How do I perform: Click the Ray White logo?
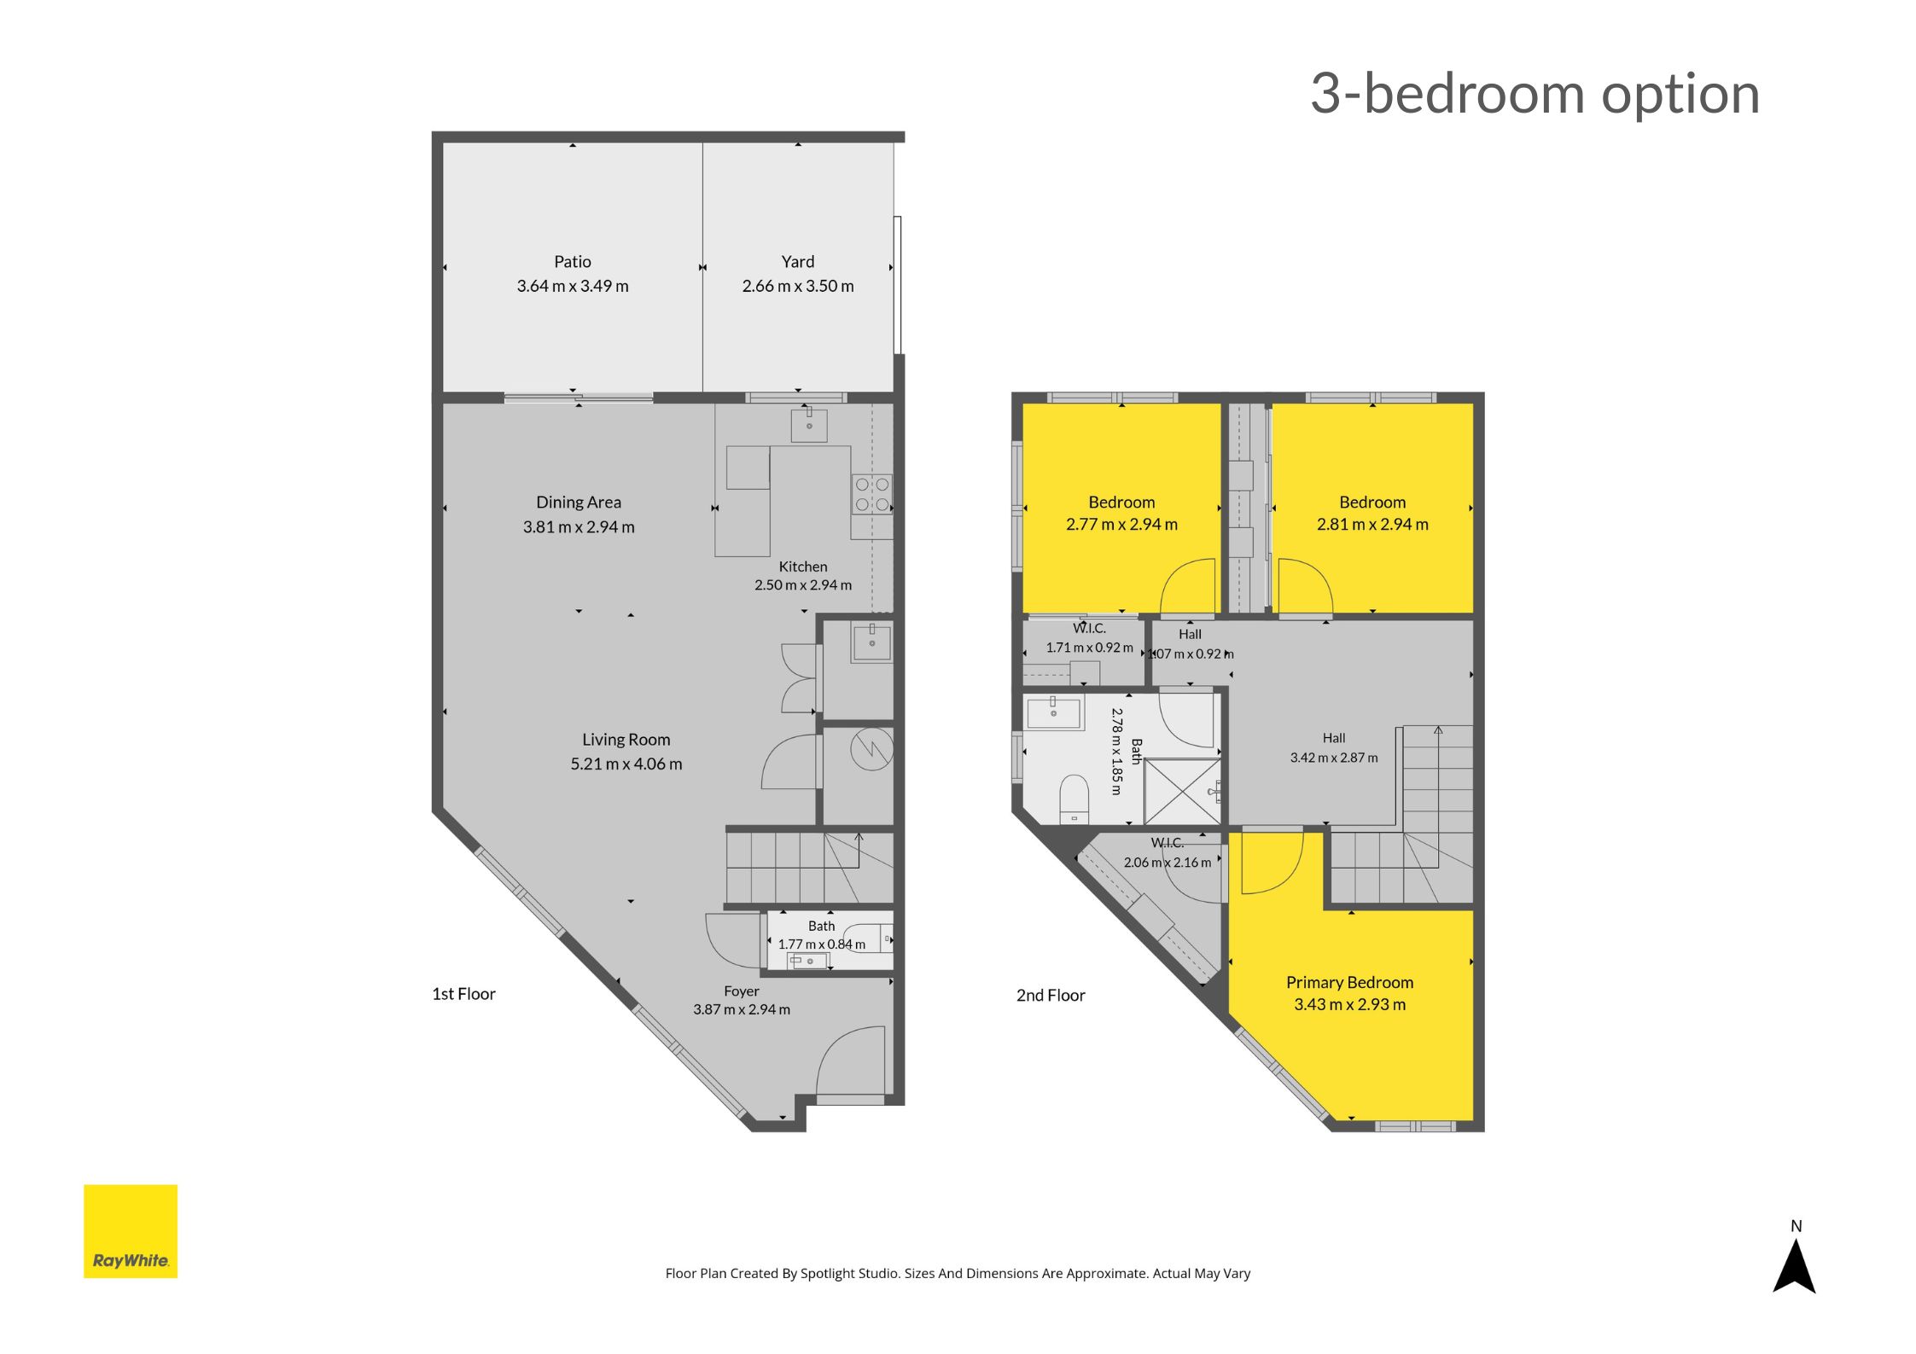(131, 1230)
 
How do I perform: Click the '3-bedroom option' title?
(1535, 94)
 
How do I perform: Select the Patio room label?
(572, 262)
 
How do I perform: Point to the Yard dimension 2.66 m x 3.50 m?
(798, 286)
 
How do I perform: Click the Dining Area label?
(579, 503)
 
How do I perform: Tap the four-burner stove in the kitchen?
(871, 495)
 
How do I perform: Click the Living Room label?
(626, 740)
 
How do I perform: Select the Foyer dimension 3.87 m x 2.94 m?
(742, 1009)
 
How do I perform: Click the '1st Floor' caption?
(463, 994)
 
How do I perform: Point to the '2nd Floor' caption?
(1051, 996)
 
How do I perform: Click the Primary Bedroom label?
(1349, 983)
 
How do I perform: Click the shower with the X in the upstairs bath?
(1182, 792)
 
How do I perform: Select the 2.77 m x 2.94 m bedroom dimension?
(1121, 525)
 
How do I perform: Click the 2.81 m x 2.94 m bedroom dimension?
(1372, 525)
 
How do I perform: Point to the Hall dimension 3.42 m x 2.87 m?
(1334, 758)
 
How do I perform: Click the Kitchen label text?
(803, 567)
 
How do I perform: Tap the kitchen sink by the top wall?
(809, 425)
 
